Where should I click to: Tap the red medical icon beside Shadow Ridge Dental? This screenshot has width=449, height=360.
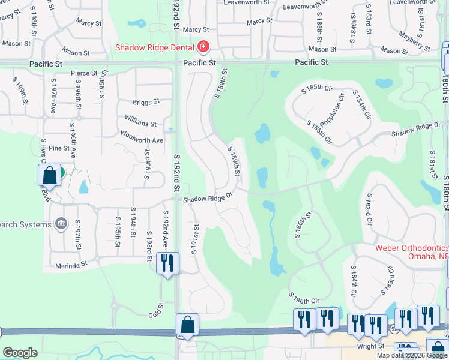(x=203, y=47)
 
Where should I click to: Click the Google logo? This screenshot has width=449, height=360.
(x=20, y=353)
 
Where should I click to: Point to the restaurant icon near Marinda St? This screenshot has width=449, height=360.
(x=167, y=262)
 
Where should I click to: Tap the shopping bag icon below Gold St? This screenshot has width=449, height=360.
(x=188, y=324)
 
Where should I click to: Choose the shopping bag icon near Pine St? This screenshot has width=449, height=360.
(x=50, y=175)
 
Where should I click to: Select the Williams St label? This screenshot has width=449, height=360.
(x=141, y=123)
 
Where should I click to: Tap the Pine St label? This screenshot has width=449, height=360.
(x=59, y=148)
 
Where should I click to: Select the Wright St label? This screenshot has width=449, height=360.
(x=370, y=346)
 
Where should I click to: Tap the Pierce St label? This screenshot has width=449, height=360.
(x=84, y=73)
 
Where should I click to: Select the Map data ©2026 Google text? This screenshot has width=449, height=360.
(x=412, y=355)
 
